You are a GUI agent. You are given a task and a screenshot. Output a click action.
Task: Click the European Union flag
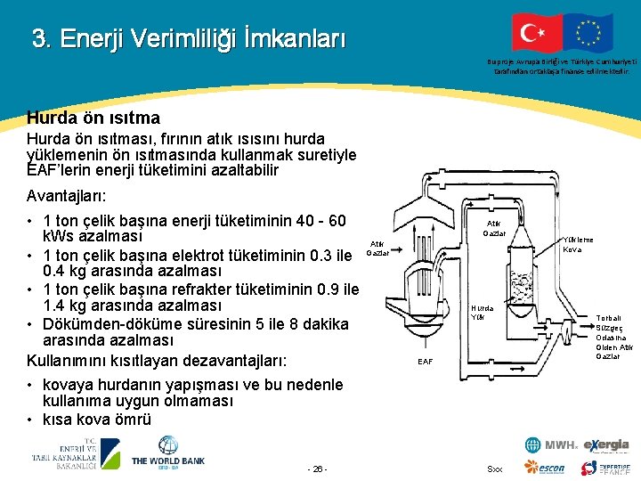(x=588, y=35)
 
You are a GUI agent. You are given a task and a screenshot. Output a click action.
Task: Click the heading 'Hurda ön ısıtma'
(x=93, y=118)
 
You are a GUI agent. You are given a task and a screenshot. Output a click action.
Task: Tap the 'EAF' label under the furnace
(x=426, y=361)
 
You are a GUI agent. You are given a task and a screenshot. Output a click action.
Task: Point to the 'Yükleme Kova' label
(x=578, y=244)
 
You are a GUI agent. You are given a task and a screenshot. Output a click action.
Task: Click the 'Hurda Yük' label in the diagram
(x=483, y=312)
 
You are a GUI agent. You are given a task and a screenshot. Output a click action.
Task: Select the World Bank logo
(x=168, y=452)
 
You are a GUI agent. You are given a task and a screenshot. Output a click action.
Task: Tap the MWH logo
(x=551, y=445)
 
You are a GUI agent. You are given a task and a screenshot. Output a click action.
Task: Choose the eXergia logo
(x=606, y=445)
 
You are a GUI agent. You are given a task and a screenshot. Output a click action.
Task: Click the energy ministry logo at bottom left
(x=76, y=453)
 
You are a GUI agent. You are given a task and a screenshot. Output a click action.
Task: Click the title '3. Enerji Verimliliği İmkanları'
(x=188, y=39)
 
